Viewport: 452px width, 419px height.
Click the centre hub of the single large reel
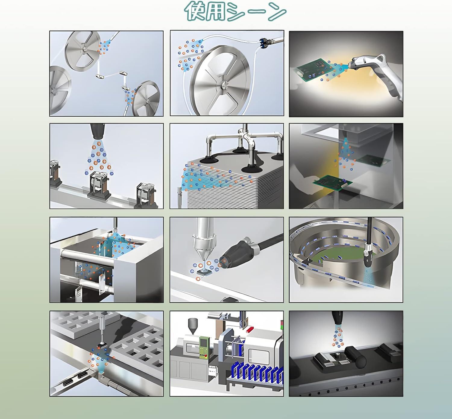coord(224,85)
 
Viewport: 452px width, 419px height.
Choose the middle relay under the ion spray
coord(99,184)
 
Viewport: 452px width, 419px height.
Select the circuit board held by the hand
coord(333,181)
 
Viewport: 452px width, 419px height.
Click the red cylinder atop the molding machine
coord(250,329)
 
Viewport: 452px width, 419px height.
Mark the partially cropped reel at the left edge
coord(60,91)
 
